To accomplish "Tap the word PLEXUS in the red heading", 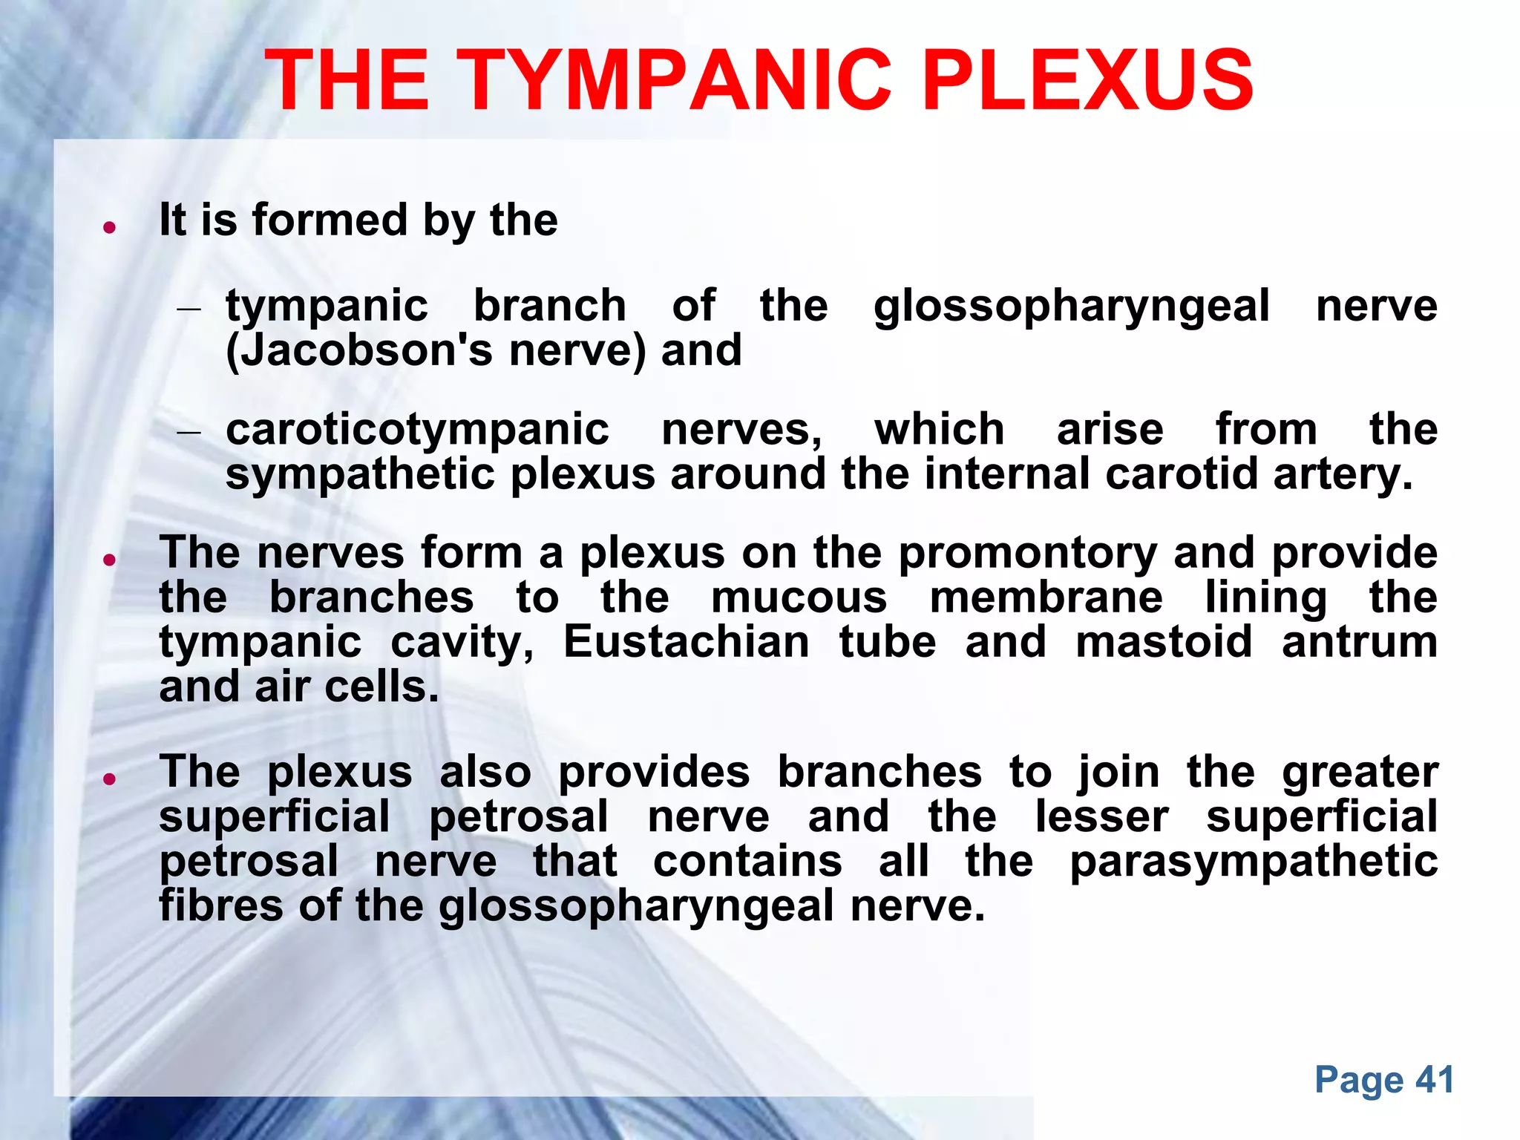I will click(1087, 80).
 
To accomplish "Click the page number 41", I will click(1435, 1080).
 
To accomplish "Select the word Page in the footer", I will click(1360, 1080).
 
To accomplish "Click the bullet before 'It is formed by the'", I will click(109, 228).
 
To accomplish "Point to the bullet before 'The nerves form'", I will click(109, 560).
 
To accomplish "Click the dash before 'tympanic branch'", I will click(189, 308).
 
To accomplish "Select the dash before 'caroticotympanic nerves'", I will click(189, 431).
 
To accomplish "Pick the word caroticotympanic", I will click(417, 430).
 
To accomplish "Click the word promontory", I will click(1027, 554).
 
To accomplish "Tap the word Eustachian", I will click(686, 642).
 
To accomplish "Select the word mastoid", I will click(1164, 642).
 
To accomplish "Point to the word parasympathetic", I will click(1254, 862).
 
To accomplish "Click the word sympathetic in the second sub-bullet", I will click(360, 475).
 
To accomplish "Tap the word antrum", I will click(1359, 642).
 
